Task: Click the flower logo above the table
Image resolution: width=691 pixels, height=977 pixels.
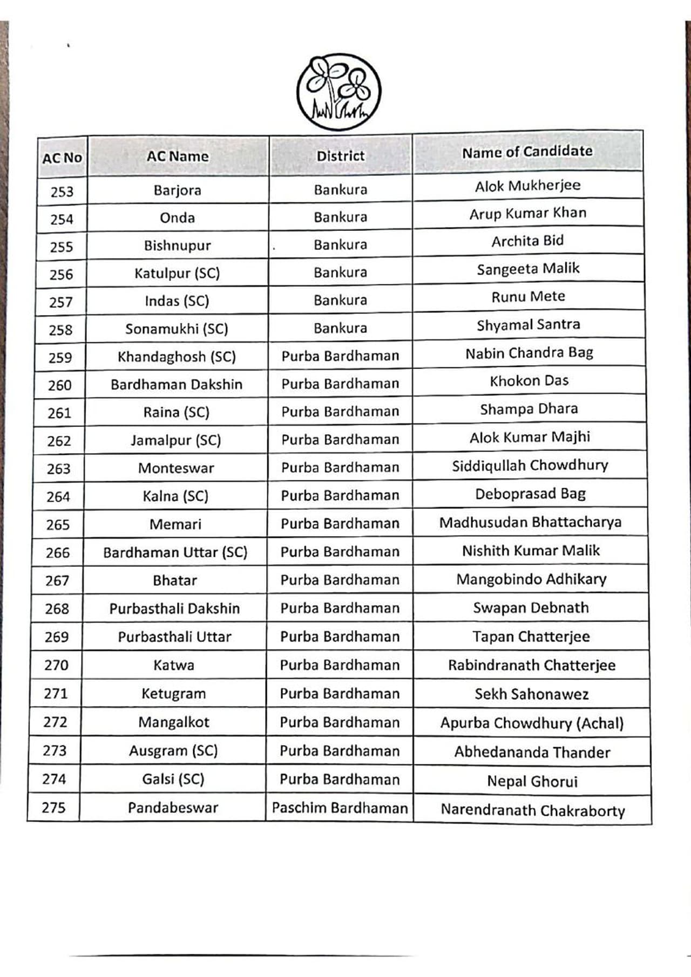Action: [338, 92]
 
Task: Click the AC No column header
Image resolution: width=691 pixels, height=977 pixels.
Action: [62, 158]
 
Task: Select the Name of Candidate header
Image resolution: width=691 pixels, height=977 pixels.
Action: [527, 152]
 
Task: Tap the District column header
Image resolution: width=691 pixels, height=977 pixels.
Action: [341, 156]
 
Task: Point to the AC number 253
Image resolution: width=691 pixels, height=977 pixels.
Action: [62, 192]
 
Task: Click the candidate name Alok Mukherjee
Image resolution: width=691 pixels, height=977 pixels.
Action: [527, 186]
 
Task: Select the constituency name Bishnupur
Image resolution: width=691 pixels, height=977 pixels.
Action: [177, 246]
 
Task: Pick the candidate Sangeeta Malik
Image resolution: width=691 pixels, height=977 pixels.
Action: [528, 269]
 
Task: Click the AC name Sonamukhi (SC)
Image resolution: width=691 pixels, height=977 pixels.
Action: [177, 329]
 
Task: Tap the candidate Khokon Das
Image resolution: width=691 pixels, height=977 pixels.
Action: [529, 381]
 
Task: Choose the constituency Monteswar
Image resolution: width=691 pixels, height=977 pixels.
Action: [176, 468]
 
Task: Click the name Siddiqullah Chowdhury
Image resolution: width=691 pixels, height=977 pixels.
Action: [530, 466]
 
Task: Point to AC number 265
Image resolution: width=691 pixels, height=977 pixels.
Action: [58, 525]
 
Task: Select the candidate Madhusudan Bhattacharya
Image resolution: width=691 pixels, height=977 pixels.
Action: [530, 522]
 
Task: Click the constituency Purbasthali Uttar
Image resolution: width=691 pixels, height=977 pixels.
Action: [174, 637]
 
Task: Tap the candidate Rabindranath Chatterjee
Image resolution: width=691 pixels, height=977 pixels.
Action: [532, 665]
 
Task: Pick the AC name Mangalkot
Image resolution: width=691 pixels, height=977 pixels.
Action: [173, 722]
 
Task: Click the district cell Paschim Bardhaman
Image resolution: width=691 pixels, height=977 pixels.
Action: [340, 808]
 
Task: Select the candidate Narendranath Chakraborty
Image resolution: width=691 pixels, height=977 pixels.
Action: [533, 810]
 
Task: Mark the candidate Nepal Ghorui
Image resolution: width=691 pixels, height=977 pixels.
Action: [532, 781]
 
